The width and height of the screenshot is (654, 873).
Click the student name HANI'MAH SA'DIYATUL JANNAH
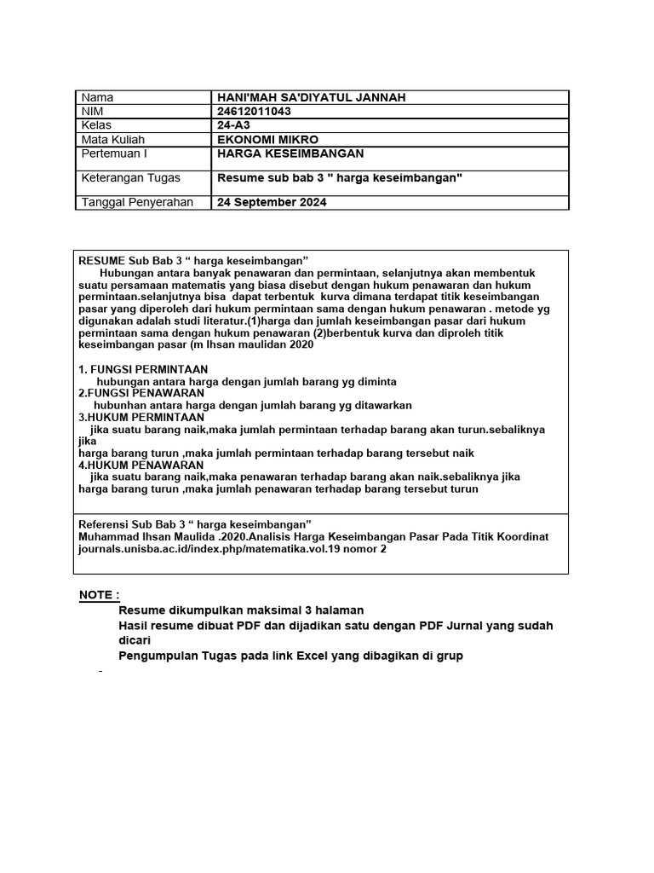(x=312, y=97)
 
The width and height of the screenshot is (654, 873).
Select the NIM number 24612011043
(x=253, y=112)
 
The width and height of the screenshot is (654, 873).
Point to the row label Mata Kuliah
(x=112, y=139)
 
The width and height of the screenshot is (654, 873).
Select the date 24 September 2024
(x=272, y=202)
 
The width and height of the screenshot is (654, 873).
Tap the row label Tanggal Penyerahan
(x=136, y=202)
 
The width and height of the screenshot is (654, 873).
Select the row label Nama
(x=96, y=97)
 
